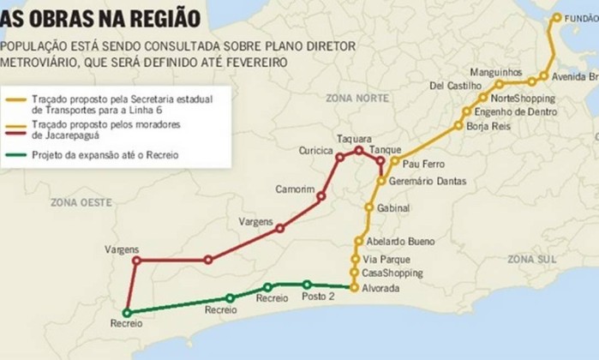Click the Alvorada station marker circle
pyautogui.click(x=353, y=288)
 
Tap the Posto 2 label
pyautogui.click(x=320, y=297)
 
